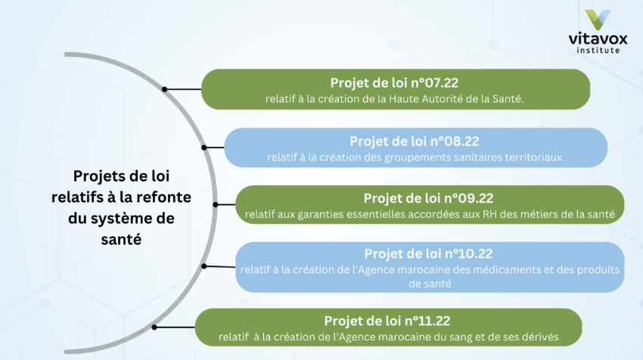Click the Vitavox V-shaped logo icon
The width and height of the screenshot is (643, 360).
point(598,19)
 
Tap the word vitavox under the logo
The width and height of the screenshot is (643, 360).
point(598,39)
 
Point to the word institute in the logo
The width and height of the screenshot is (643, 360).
point(598,50)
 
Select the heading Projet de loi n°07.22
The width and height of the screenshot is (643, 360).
point(394,83)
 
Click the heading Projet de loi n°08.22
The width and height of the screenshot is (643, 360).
point(415,141)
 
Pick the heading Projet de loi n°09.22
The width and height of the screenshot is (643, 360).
point(428,198)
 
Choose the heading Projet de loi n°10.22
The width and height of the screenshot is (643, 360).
point(428,254)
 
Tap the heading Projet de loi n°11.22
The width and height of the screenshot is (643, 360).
point(387,321)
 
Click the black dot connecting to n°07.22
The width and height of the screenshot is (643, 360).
point(164,89)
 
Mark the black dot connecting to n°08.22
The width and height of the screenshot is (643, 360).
point(204,147)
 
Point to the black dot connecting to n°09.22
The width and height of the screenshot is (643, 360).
point(216,204)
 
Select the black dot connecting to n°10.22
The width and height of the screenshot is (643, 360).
point(204,266)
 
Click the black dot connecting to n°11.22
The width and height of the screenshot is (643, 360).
point(154,327)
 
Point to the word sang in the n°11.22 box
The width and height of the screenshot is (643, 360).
point(460,337)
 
